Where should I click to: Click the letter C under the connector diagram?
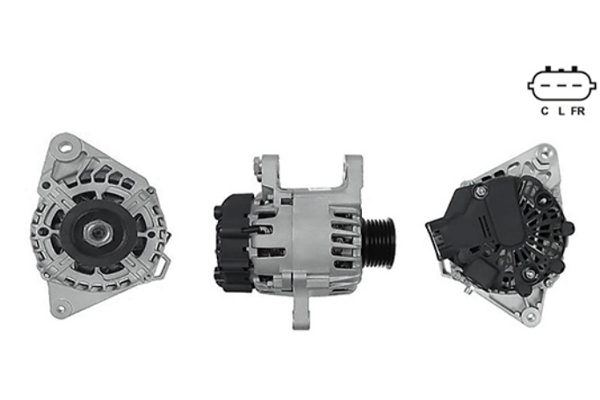point(544,111)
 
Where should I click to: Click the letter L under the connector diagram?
point(561,111)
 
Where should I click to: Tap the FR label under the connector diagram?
point(578,111)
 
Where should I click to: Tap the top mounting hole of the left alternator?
point(67,147)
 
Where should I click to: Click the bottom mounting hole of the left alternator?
point(61,309)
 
